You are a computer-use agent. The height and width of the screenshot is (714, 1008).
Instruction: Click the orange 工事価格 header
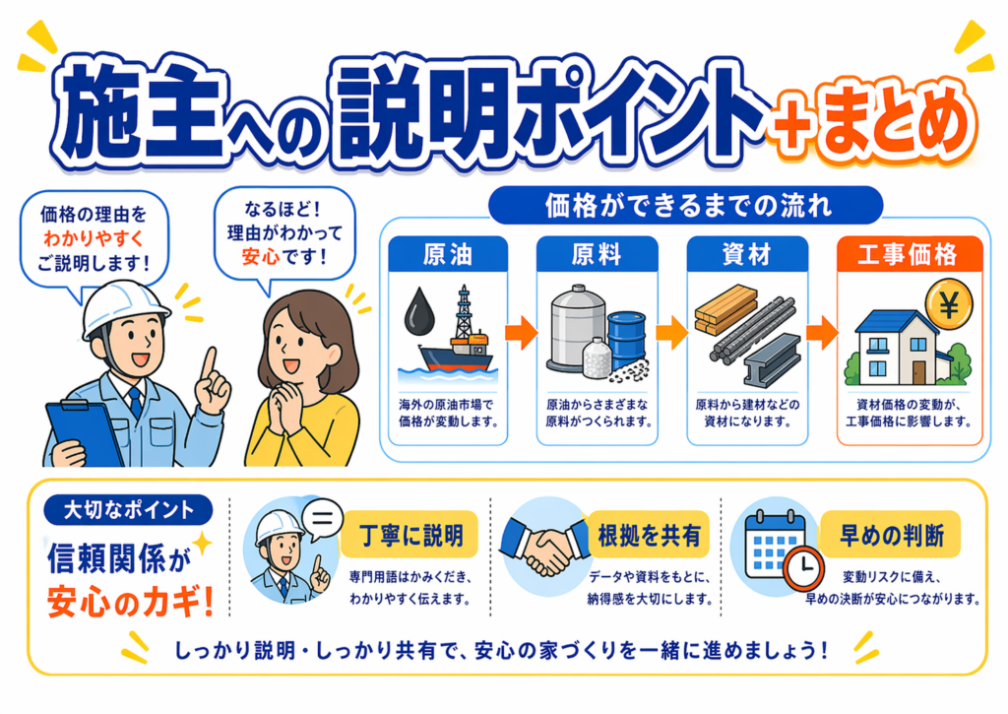tap(909, 254)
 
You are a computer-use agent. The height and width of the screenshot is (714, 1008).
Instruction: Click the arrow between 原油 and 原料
tap(522, 333)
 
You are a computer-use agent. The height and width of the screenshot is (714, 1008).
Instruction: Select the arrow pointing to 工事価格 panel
tap(820, 333)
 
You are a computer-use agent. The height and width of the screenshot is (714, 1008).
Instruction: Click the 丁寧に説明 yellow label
tap(410, 535)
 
